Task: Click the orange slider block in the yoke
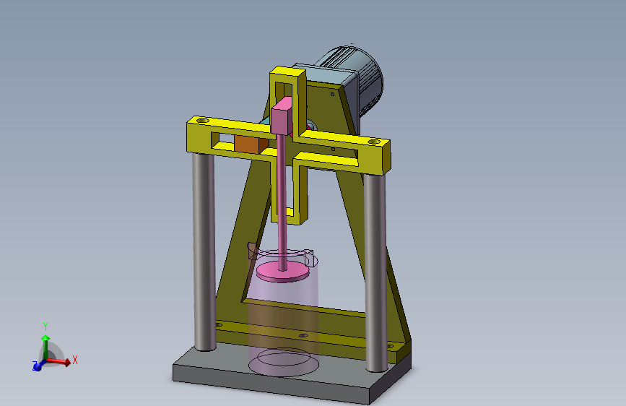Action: tap(251, 144)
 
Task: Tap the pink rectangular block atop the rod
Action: tap(282, 116)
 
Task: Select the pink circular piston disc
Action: tap(282, 272)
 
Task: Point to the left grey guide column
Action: tap(204, 251)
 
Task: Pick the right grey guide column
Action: tap(375, 272)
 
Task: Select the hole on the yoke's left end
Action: tap(203, 120)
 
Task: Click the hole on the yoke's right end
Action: tap(374, 142)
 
